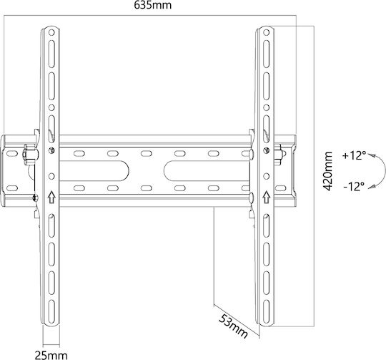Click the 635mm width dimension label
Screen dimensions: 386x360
coord(153,5)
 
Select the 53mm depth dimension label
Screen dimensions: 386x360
coord(233,326)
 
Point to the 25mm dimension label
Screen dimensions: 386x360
coord(51,355)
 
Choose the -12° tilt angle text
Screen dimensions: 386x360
coord(354,187)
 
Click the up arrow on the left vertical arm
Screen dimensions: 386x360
coord(51,197)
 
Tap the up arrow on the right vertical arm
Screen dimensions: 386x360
coord(266,197)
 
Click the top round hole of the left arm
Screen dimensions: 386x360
coord(51,32)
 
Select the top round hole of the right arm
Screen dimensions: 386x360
coord(266,32)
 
